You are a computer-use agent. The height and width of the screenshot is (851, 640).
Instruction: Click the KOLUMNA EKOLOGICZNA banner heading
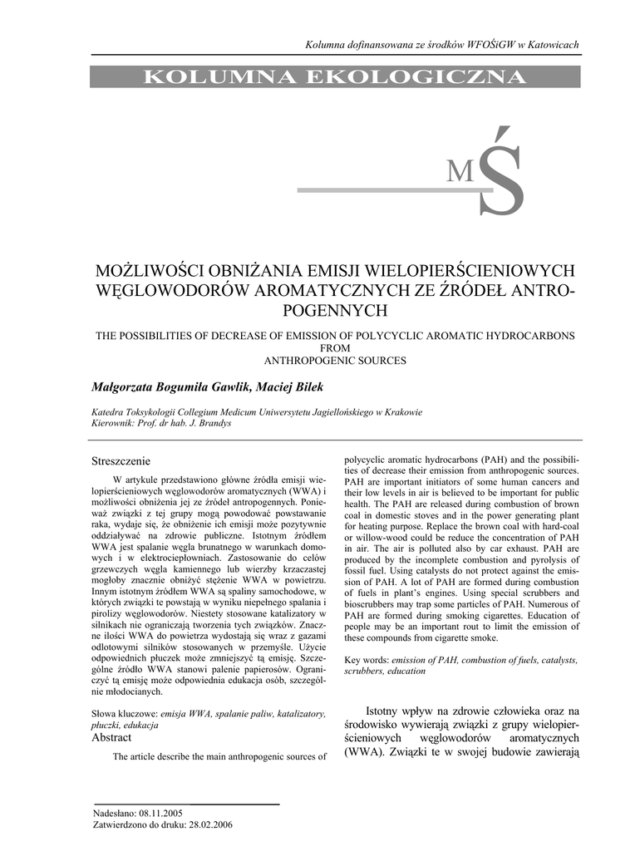coord(335,77)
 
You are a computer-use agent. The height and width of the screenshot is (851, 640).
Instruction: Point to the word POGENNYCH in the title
coord(335,311)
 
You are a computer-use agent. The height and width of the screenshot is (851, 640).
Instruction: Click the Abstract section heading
coord(111,737)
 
